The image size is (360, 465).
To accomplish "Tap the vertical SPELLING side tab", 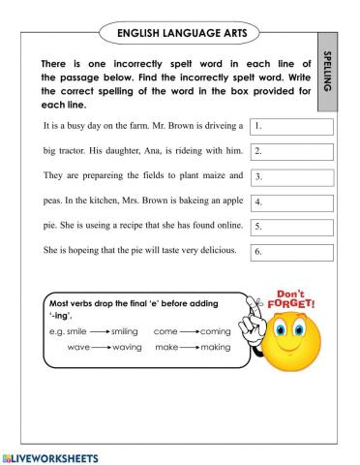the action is [x=325, y=70].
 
